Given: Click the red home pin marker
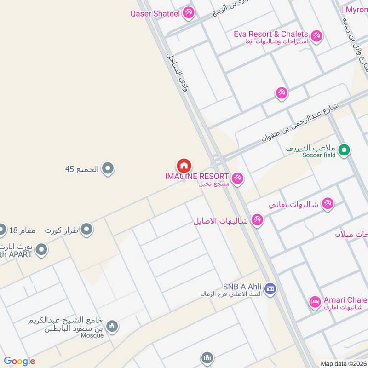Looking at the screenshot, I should point(184,166).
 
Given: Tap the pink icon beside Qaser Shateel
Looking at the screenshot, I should point(188,13).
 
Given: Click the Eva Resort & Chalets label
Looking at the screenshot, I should point(270,34).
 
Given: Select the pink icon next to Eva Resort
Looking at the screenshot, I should point(316,35).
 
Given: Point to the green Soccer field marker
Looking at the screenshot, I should point(344,149).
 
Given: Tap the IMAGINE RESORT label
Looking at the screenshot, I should point(197,176).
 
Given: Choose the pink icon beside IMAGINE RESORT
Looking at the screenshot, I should point(237,178).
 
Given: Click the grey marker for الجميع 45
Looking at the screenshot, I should point(108,169).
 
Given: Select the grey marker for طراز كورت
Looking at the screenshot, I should point(86,229).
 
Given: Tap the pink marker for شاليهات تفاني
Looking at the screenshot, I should point(328,203).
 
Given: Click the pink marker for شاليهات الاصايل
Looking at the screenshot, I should point(258,220).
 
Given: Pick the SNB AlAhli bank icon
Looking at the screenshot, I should point(270,288).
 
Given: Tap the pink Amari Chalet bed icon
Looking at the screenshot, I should point(315,302).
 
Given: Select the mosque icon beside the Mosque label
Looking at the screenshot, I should point(112,327).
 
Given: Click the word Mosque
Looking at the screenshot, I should point(92,335).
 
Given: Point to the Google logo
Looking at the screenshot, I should point(19,361).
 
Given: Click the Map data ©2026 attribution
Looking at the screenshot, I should point(343,364).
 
